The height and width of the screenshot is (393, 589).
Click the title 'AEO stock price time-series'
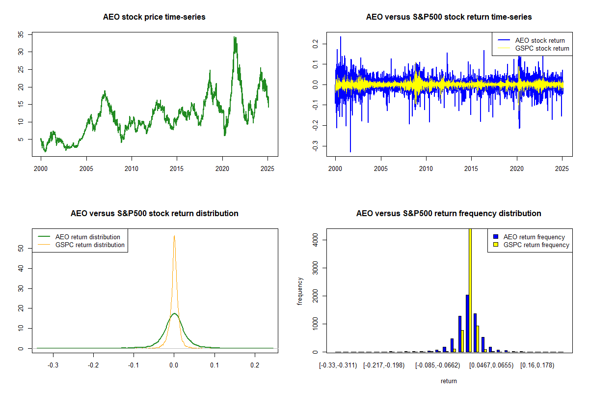point(154,17)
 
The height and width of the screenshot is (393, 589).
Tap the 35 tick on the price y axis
point(21,34)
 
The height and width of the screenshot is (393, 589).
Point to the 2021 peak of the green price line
point(235,37)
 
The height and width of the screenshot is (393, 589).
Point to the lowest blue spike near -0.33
point(350,151)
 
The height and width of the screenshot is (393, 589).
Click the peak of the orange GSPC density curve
point(174,236)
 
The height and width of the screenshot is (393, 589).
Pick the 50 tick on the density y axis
point(21,249)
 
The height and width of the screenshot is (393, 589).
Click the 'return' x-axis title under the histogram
point(449,381)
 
